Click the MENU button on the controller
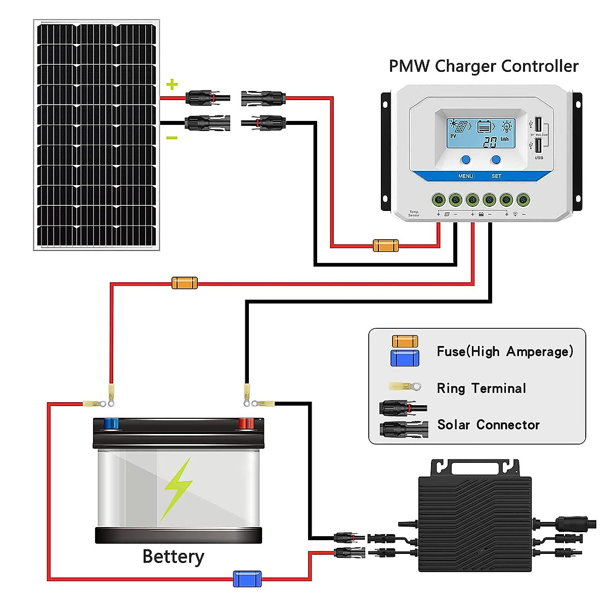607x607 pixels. click(x=465, y=160)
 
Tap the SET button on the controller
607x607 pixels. click(x=496, y=160)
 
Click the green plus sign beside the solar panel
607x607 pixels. click(x=172, y=84)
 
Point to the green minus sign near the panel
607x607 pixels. click(x=172, y=138)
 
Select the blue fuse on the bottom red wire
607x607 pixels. click(x=247, y=579)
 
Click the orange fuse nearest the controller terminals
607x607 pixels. click(x=385, y=246)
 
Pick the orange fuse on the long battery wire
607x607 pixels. click(x=185, y=283)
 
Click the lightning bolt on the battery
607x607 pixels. click(x=177, y=488)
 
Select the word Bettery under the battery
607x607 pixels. click(x=173, y=556)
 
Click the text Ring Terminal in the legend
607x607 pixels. click(x=481, y=388)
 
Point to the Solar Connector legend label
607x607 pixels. click(x=488, y=425)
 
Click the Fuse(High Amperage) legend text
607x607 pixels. click(x=505, y=352)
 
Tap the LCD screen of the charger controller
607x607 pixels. click(x=481, y=134)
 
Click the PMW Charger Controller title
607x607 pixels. click(x=483, y=66)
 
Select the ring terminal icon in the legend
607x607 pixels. click(x=405, y=387)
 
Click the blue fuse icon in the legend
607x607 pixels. click(x=405, y=358)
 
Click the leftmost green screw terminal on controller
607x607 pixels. click(x=438, y=200)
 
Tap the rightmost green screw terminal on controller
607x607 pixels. click(x=524, y=200)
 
